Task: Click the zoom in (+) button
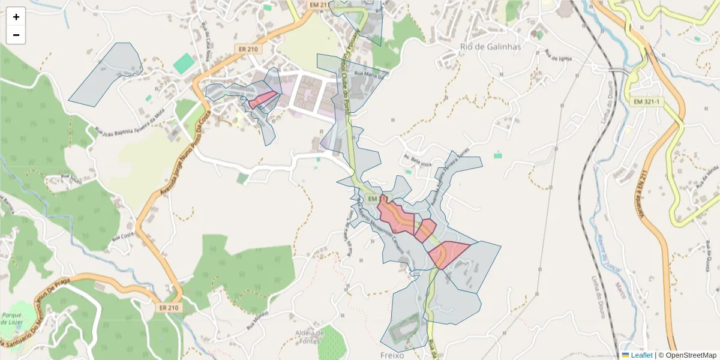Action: [16, 17]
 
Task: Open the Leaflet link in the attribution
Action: [641, 355]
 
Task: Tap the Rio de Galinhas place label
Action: [490, 47]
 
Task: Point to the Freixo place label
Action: [393, 355]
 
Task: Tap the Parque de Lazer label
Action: [11, 319]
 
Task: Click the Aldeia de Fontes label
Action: [310, 337]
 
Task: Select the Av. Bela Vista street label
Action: [418, 160]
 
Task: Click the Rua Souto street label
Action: [71, 177]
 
